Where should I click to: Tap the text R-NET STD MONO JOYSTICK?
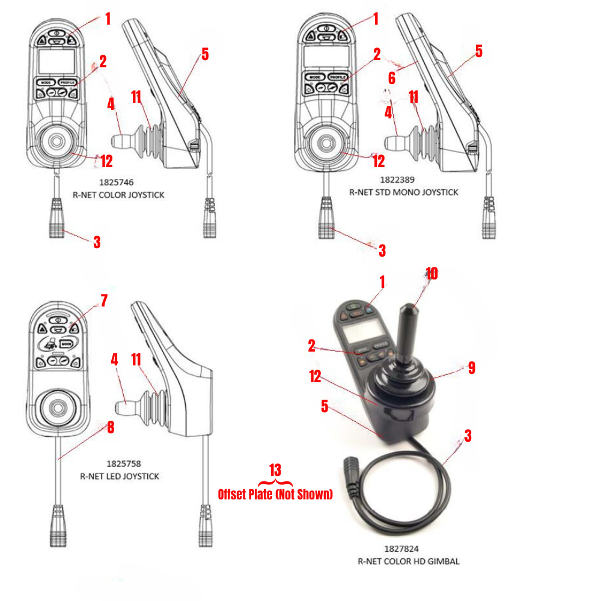coord(403,192)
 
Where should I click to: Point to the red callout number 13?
coord(275,470)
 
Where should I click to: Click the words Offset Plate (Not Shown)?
coord(275,495)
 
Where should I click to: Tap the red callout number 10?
coord(432,274)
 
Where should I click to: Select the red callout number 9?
coord(471,368)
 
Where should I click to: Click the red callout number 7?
coord(105,300)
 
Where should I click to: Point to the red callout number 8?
coord(111,428)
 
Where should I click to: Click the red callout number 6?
coord(391,78)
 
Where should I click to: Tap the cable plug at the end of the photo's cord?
coord(352,466)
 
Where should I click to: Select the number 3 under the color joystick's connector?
coord(97,242)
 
